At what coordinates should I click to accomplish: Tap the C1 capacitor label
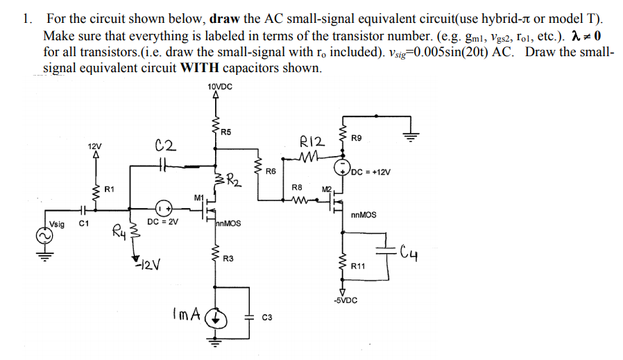[x=83, y=224]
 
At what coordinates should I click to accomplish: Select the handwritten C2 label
[x=166, y=145]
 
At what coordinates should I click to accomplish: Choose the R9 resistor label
[x=357, y=138]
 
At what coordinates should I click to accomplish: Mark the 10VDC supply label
[x=220, y=87]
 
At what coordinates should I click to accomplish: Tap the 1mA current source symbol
[x=216, y=318]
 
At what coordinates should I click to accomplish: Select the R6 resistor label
[x=271, y=170]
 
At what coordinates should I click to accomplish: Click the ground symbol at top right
[x=411, y=137]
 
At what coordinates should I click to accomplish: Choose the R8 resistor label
[x=296, y=187]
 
